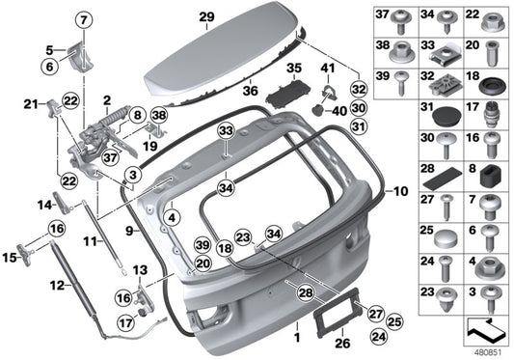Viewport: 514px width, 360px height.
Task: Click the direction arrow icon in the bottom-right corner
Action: [x=484, y=328]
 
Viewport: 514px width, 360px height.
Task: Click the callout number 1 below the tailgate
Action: [x=298, y=339]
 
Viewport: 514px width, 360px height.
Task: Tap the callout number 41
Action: [x=328, y=68]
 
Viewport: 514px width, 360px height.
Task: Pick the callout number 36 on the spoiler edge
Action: [x=250, y=92]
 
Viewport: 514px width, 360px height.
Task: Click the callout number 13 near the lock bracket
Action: [x=139, y=269]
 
